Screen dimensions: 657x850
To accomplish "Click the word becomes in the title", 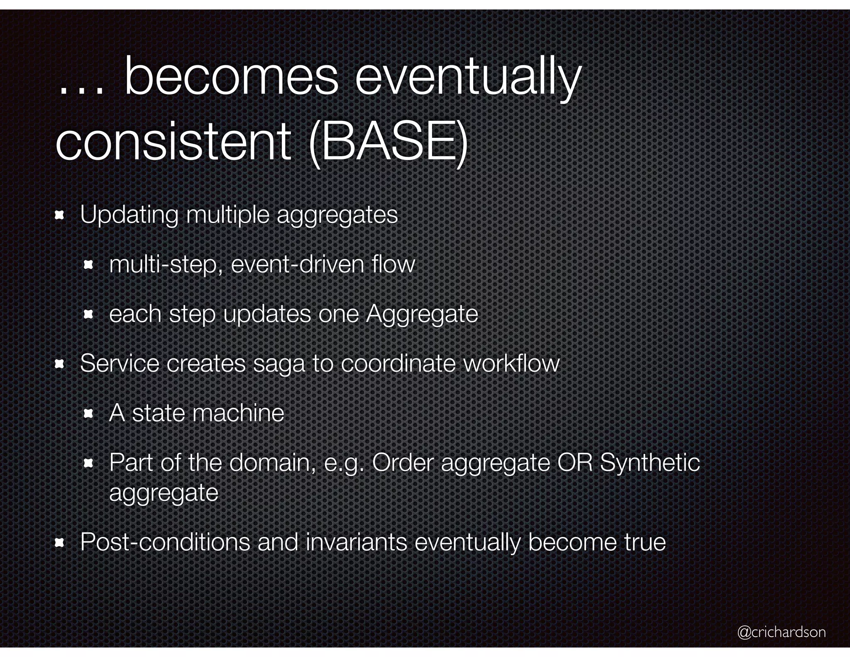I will click(231, 78).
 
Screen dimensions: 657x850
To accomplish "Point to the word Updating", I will click(129, 215).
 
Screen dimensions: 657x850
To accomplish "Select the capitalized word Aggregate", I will click(422, 314).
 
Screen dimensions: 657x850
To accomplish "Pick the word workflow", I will click(511, 363).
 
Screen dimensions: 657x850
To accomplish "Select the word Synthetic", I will click(650, 463).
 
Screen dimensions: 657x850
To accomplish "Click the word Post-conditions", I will click(165, 542).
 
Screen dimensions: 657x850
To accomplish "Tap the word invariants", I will click(356, 542).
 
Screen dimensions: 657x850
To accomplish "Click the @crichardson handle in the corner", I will click(781, 632).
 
